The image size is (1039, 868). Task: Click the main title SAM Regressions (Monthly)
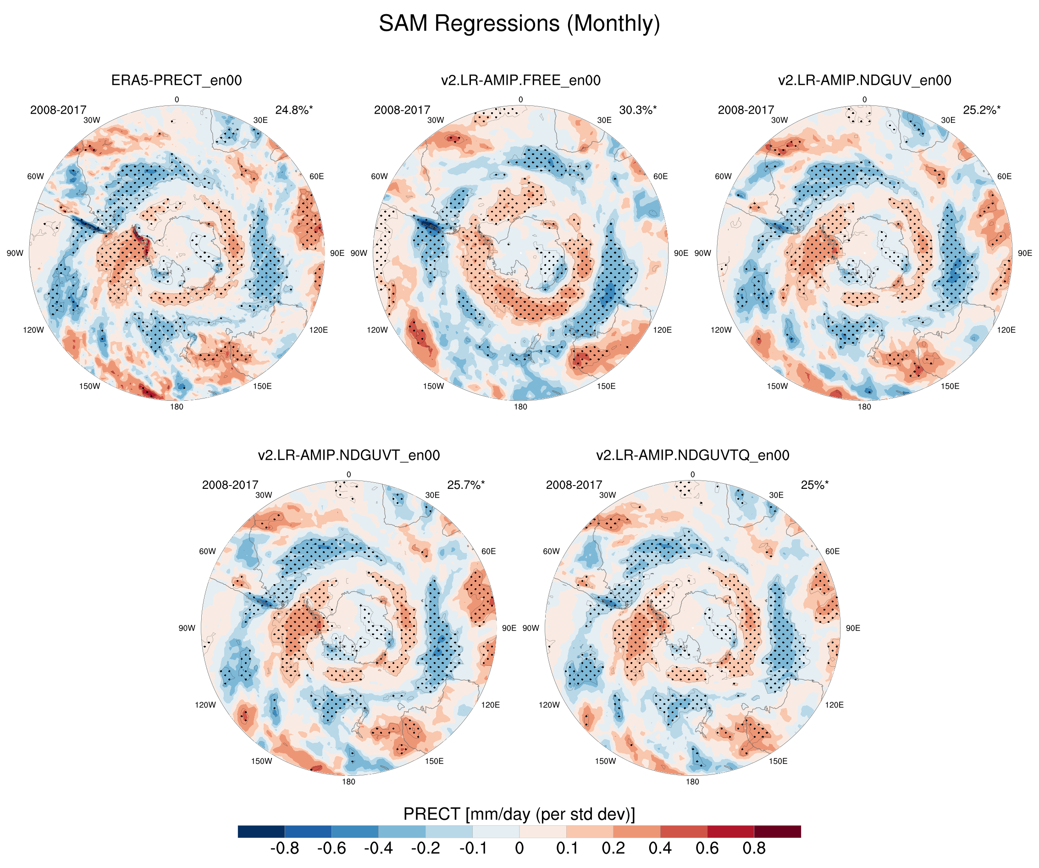[519, 24]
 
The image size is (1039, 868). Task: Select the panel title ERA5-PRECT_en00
[176, 80]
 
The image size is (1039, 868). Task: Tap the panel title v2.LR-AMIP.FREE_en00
[520, 80]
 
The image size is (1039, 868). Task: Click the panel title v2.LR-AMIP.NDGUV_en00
[864, 80]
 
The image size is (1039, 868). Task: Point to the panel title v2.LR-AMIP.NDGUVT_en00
[348, 455]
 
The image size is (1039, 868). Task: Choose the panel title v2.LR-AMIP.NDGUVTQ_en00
[692, 455]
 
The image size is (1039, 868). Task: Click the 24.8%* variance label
[294, 110]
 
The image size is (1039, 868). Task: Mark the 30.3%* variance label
[638, 110]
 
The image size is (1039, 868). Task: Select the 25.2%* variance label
[982, 110]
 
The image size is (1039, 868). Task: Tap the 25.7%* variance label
[465, 485]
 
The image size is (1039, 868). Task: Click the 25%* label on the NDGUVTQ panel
[814, 485]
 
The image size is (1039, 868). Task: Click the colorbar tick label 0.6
[707, 848]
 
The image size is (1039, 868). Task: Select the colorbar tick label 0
[519, 848]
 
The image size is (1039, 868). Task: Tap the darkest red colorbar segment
[777, 831]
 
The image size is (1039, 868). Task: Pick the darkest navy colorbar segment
[261, 831]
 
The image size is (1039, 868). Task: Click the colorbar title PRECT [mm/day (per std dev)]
[519, 814]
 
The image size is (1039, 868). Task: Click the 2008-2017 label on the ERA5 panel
[58, 110]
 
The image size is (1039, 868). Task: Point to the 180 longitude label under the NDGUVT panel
[348, 781]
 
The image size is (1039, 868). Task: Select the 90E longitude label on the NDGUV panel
[1025, 253]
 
